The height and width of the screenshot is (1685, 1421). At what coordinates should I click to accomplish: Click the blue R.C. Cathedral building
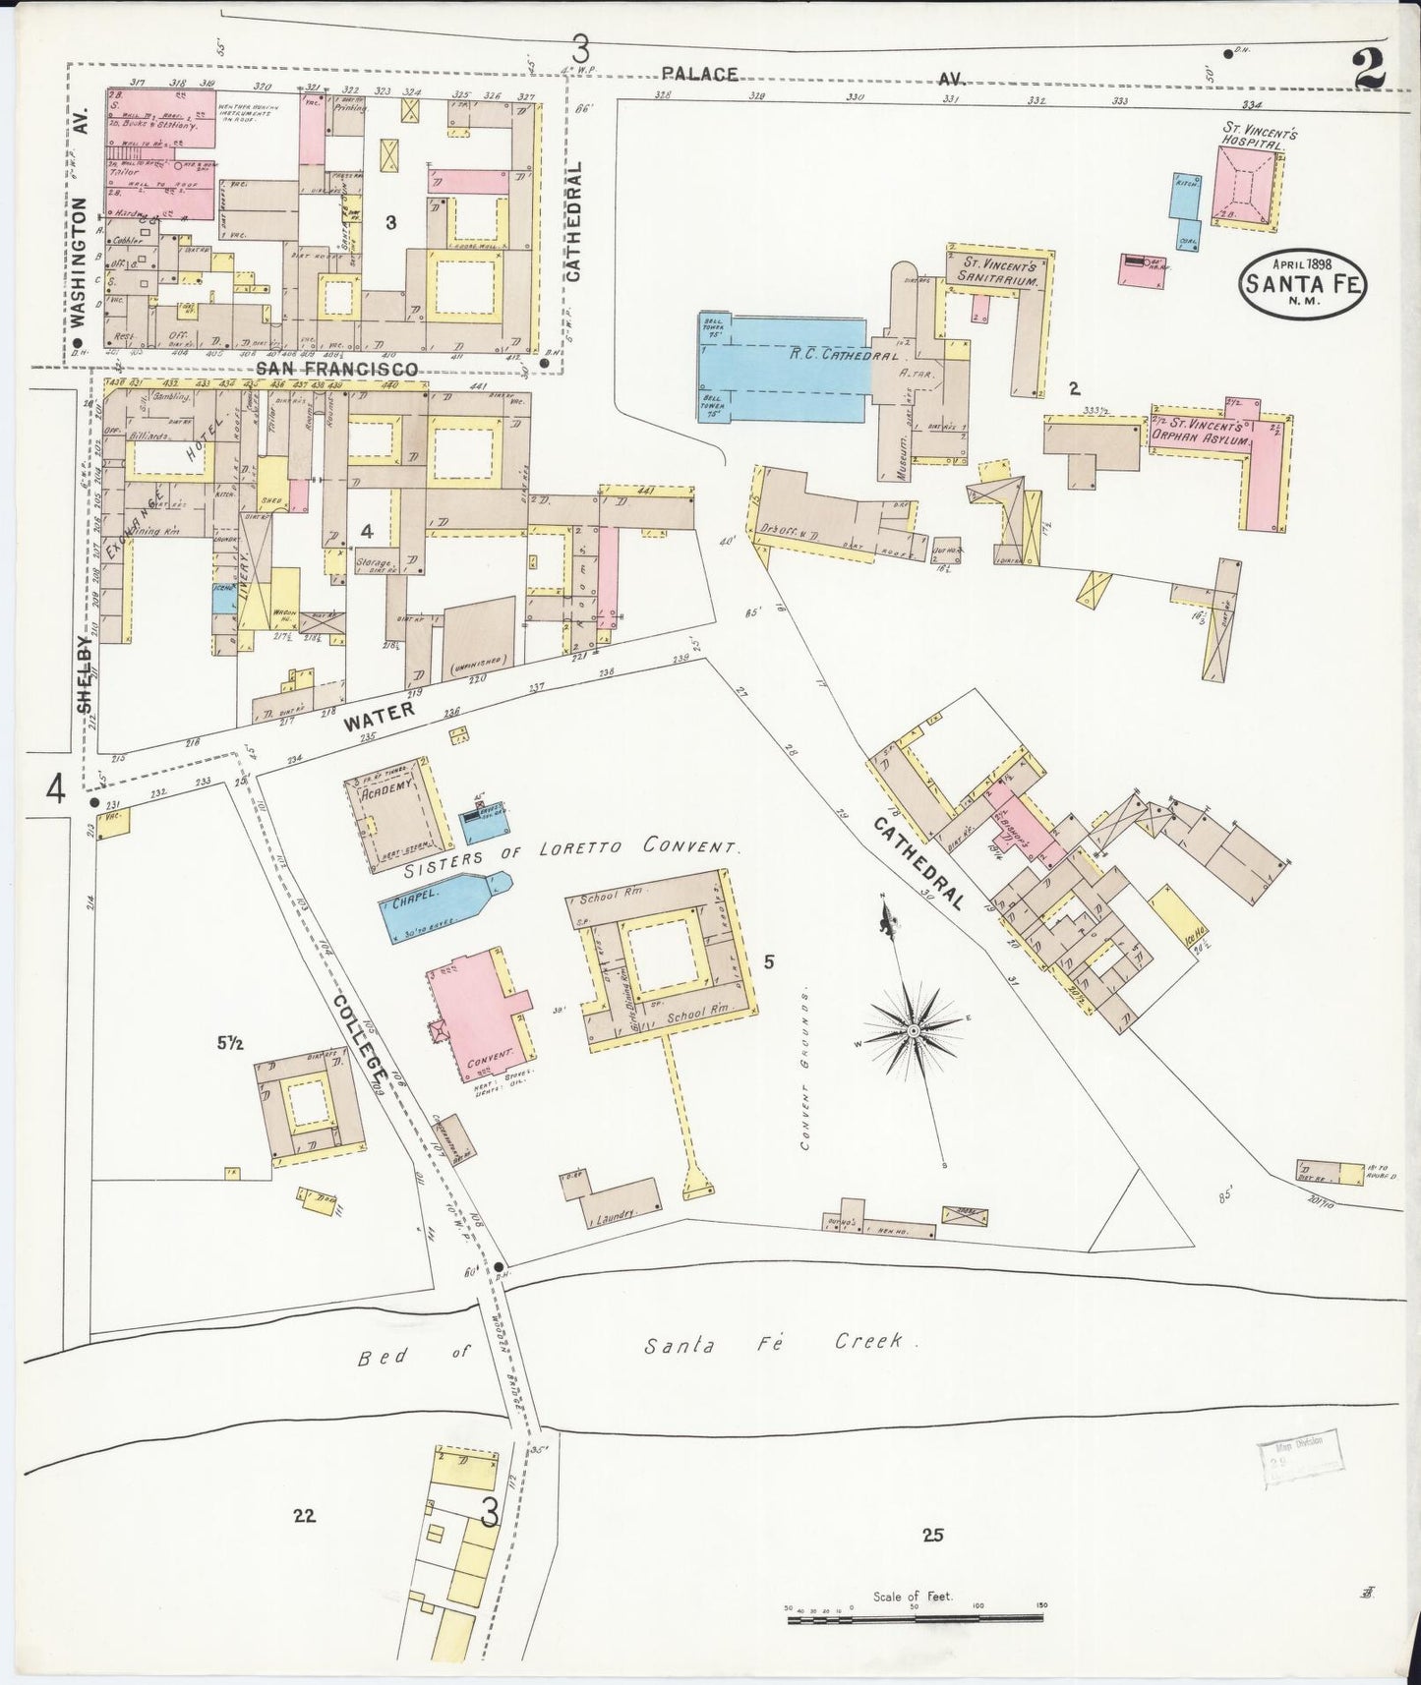pyautogui.click(x=782, y=368)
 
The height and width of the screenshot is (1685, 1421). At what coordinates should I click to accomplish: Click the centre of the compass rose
pyautogui.click(x=914, y=1030)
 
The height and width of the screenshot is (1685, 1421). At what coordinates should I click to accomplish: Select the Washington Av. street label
pyautogui.click(x=80, y=261)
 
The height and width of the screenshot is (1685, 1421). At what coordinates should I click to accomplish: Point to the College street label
pyautogui.click(x=358, y=1044)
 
